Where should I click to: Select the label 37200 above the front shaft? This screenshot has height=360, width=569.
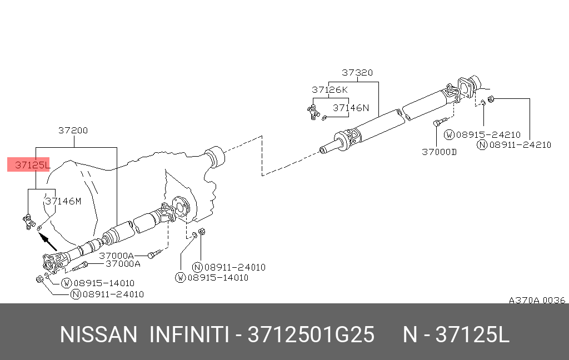click(73, 131)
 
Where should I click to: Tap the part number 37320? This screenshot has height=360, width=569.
click(357, 73)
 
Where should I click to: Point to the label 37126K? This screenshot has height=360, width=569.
click(330, 89)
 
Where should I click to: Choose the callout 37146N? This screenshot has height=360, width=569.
click(351, 108)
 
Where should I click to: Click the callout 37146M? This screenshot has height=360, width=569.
click(63, 201)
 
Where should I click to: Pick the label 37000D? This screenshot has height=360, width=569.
click(439, 152)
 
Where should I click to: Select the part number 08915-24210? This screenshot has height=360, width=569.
click(488, 134)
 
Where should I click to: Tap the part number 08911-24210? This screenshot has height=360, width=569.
click(520, 145)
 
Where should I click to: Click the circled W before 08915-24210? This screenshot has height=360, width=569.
click(450, 134)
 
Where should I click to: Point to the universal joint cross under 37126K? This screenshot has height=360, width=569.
click(313, 112)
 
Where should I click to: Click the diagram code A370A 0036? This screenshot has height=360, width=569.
click(536, 300)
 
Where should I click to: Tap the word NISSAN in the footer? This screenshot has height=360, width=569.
click(98, 335)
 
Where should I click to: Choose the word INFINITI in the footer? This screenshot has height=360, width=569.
click(188, 335)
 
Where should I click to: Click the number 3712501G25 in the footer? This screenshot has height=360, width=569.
click(311, 335)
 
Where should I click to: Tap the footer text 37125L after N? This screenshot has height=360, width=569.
click(472, 335)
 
